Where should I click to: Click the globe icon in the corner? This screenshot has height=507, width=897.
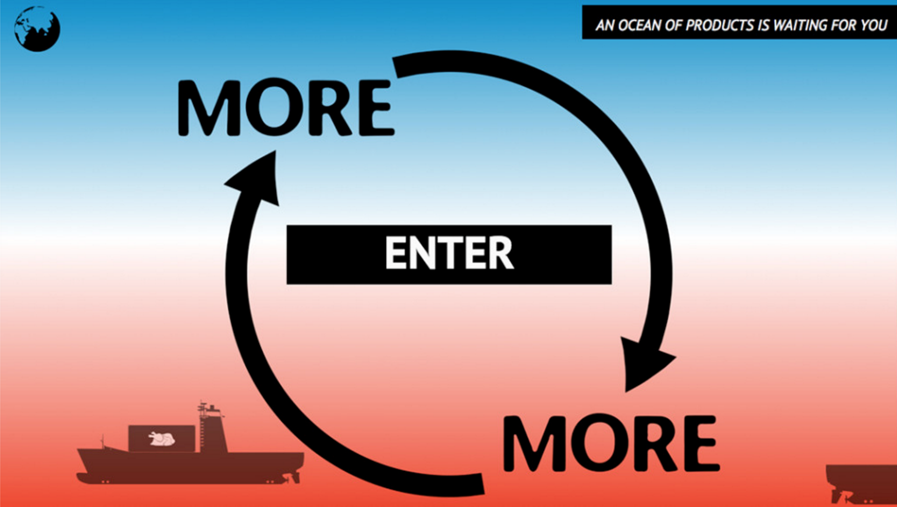[x=37, y=29]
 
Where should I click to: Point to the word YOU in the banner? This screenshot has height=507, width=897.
[x=874, y=25]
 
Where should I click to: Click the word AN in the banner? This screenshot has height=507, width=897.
[x=604, y=25]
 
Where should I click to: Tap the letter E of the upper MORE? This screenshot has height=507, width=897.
[x=376, y=108]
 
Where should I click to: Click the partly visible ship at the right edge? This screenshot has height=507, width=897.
[x=861, y=483]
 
